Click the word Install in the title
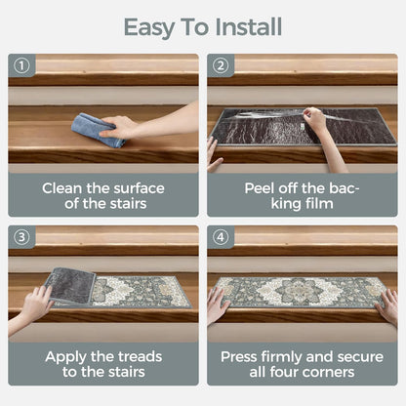point(249,27)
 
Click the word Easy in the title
point(149,28)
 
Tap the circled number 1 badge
point(21,65)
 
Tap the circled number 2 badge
point(221,65)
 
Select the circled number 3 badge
point(21,237)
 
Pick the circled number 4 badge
point(221,237)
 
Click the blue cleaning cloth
point(97,130)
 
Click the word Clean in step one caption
point(62,188)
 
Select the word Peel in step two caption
point(259,188)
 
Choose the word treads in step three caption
point(141,357)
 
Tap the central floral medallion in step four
point(295,291)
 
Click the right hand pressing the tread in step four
point(387,307)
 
